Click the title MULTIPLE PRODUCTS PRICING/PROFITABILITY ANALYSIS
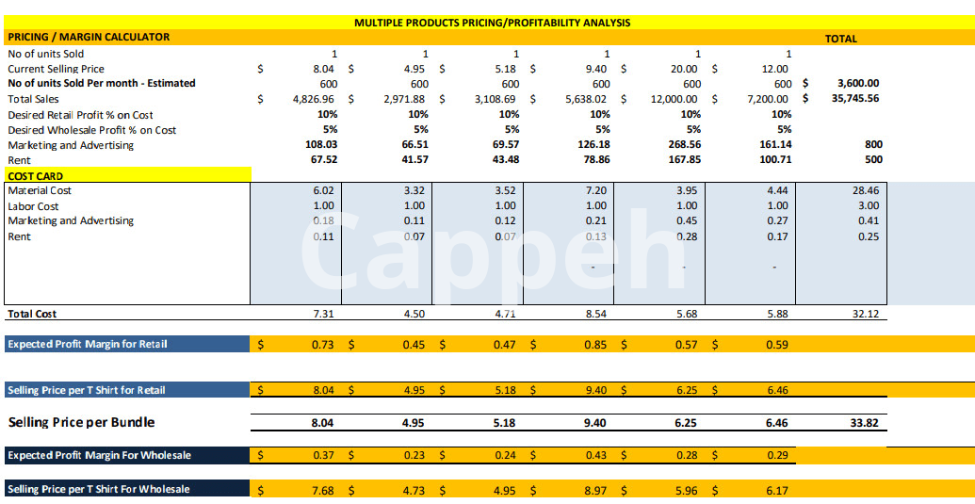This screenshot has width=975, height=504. tap(492, 22)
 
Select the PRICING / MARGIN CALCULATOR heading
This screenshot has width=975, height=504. tap(89, 37)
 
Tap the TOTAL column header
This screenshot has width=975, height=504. tap(840, 39)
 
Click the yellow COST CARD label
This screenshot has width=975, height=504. tap(36, 175)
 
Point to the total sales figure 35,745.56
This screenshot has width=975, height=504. tap(854, 98)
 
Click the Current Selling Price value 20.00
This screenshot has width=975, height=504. tap(684, 69)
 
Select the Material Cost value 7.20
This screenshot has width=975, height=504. tap(595, 190)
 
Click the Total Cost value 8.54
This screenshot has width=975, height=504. tap(595, 314)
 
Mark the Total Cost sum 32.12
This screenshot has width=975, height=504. tap(865, 314)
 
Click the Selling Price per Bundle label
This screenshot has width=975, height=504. tap(81, 422)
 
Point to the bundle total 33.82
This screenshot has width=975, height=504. tap(864, 423)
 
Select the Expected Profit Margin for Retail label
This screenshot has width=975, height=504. tap(88, 344)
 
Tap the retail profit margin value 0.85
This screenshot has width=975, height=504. tap(595, 345)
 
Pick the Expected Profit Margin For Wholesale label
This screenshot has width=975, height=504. tap(99, 455)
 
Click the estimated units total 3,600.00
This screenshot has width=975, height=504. tap(857, 83)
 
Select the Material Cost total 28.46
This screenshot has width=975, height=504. tap(865, 190)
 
